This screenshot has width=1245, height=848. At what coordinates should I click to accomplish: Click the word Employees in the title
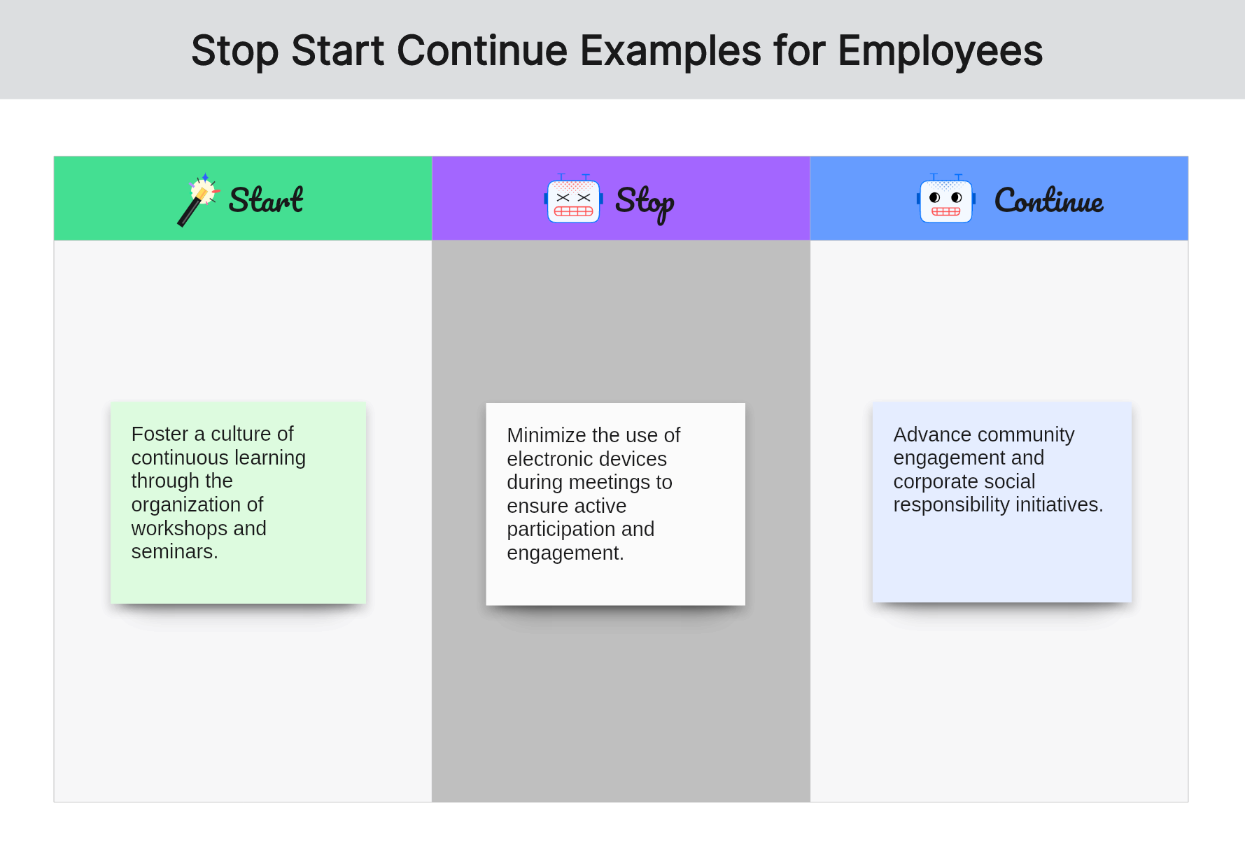tap(940, 52)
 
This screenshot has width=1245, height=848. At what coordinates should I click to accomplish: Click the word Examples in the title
tap(671, 52)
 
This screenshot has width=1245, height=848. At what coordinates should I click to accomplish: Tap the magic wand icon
tap(199, 199)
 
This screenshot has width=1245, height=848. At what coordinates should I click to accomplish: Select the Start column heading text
tap(266, 200)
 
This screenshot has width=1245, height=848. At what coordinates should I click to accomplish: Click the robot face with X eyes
tap(573, 199)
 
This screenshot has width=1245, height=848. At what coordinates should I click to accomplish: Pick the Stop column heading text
tap(645, 203)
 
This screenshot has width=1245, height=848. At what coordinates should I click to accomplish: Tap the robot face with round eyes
tap(945, 199)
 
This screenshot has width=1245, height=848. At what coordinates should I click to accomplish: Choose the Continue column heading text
tap(1049, 200)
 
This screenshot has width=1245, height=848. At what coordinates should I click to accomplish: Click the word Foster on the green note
tap(160, 434)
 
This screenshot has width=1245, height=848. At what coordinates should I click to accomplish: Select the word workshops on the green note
tap(180, 528)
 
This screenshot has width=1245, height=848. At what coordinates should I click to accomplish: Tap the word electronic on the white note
tap(551, 459)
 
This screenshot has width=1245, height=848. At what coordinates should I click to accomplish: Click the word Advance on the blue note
tap(933, 434)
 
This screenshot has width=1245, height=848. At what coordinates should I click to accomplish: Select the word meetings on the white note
tap(609, 483)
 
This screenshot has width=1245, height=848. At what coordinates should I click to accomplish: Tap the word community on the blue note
tap(1026, 435)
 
